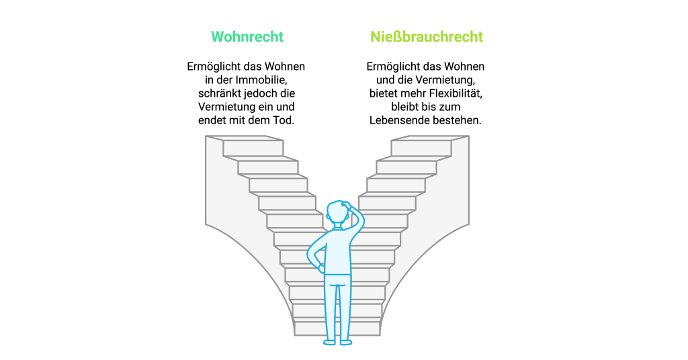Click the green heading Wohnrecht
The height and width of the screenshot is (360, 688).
click(247, 36)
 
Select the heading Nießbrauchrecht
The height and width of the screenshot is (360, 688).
click(427, 36)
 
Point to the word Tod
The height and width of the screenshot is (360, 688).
click(284, 120)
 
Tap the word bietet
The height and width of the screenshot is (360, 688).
click(382, 93)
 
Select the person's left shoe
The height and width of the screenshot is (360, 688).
click(329, 342)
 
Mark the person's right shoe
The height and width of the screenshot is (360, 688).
click(346, 342)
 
